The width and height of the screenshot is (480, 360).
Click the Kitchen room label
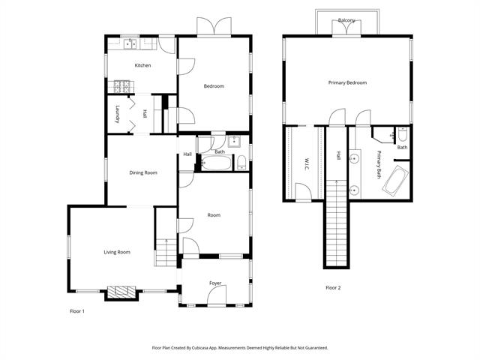[142, 65]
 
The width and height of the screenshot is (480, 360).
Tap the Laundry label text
[118, 114]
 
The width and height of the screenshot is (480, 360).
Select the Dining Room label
[142, 172]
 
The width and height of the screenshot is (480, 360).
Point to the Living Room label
[117, 252]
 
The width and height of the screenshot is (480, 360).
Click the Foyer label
[215, 283]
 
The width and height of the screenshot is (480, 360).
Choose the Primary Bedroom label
[347, 82]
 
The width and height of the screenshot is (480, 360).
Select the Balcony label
[346, 20]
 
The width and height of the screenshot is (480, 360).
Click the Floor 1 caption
[77, 310]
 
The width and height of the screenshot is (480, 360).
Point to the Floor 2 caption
[333, 287]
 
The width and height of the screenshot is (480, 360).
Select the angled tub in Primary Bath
[395, 181]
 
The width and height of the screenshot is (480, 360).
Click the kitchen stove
[121, 87]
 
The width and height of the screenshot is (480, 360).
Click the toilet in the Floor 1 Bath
[241, 161]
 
